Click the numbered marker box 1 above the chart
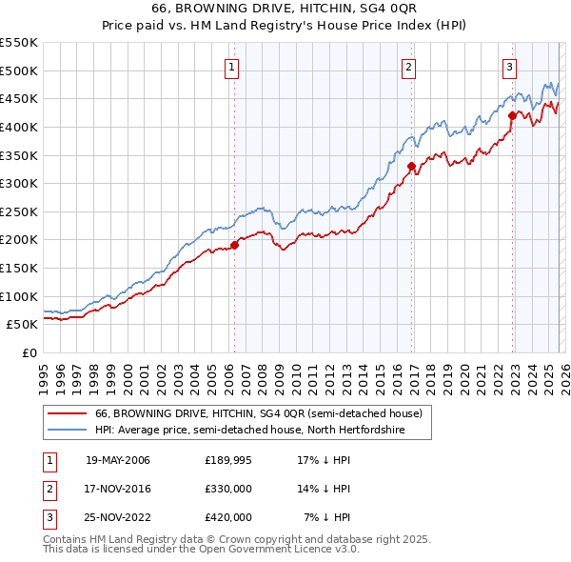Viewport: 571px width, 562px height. [x=233, y=67]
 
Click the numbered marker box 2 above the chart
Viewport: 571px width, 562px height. [x=408, y=67]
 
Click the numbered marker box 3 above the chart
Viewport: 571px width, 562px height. [x=510, y=67]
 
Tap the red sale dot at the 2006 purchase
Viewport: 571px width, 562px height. [x=234, y=245]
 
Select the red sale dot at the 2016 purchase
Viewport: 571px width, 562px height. [x=411, y=166]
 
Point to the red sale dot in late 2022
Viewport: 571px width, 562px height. [x=512, y=115]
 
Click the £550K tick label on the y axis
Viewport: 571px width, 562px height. [x=19, y=43]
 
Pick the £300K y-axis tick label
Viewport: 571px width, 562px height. [x=19, y=183]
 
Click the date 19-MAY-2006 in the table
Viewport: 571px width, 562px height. [x=118, y=461]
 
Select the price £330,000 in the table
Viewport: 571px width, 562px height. [x=228, y=489]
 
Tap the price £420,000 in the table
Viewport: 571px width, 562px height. [x=228, y=516]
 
